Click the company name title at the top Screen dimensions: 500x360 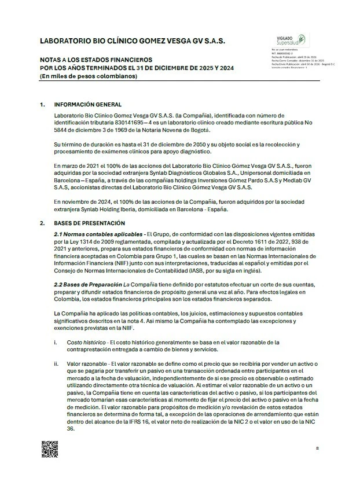click(132, 42)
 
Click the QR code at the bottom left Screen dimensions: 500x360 click(49, 448)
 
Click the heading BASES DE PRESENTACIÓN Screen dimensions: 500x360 click(90, 223)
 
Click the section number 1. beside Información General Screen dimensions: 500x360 click(42, 105)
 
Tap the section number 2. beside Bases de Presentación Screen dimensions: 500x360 click(42, 223)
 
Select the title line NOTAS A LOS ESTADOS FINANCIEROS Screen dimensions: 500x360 click(95, 60)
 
